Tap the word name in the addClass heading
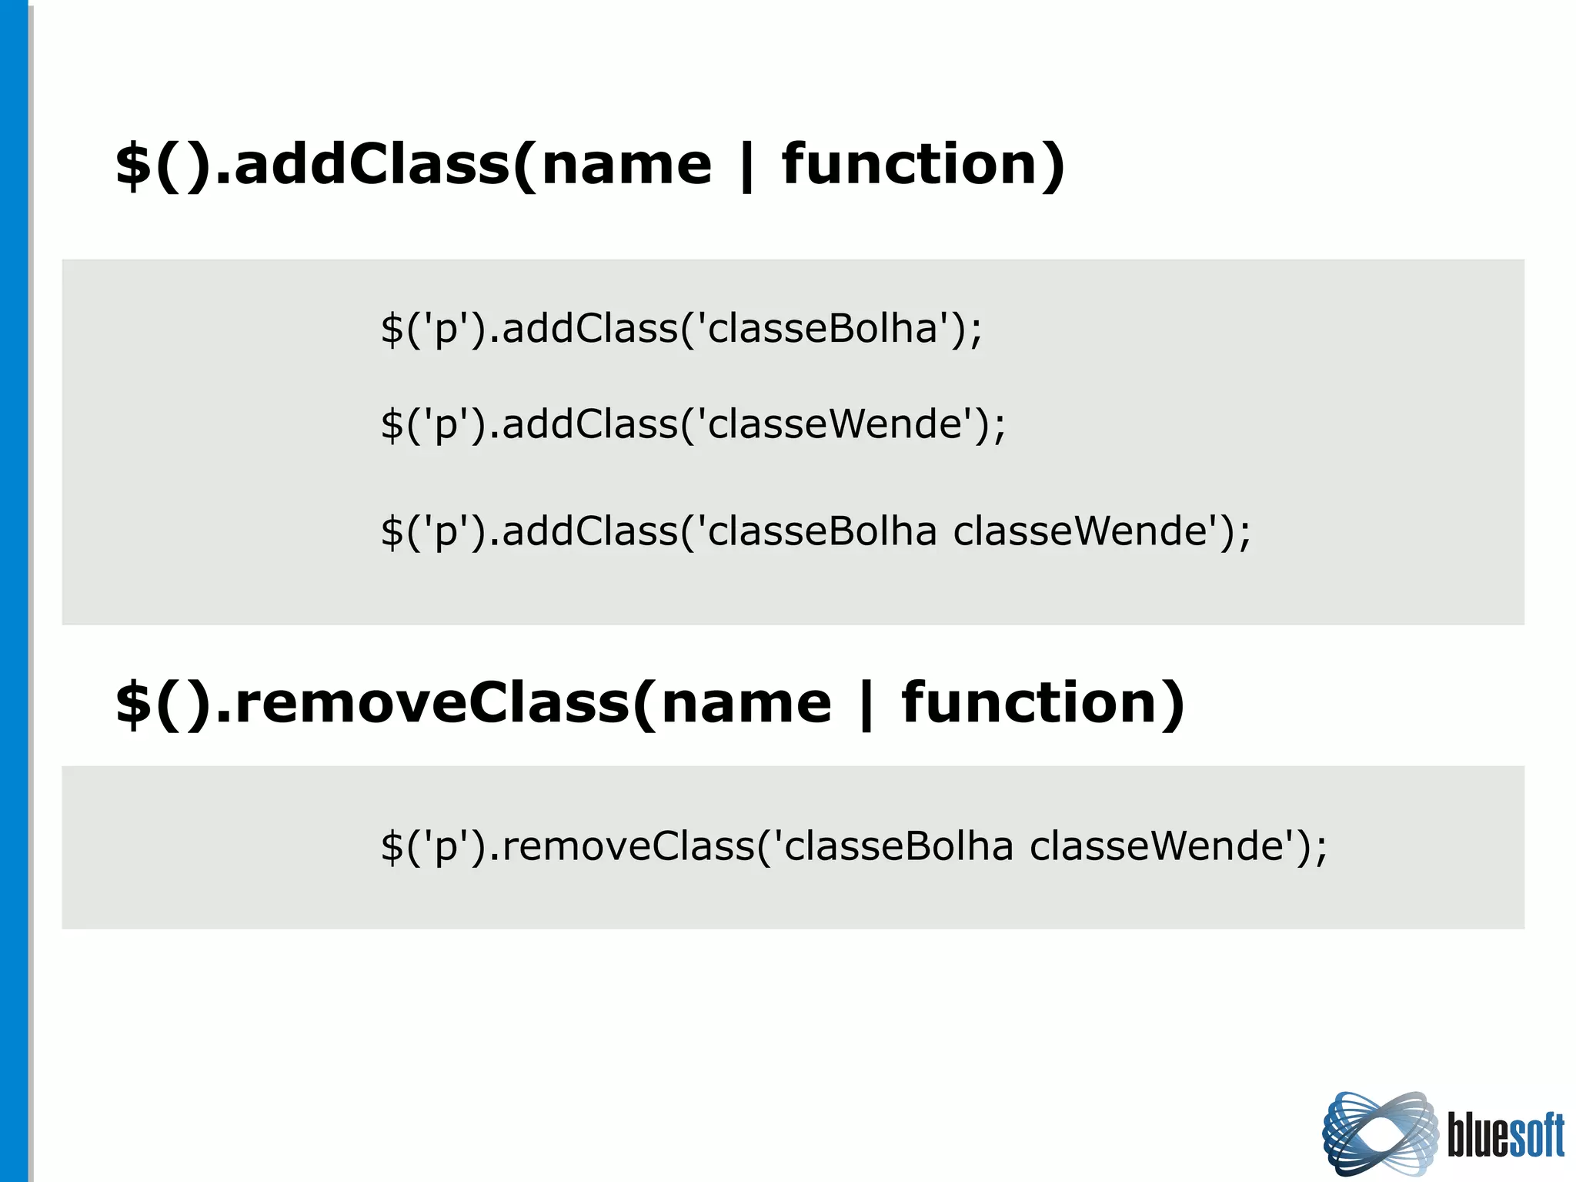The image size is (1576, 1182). tap(626, 165)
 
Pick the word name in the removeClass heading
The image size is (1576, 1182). tap(746, 704)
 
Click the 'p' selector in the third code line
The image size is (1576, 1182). tap(446, 533)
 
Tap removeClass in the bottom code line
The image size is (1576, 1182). tap(628, 845)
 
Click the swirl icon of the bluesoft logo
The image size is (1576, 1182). tap(1380, 1133)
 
